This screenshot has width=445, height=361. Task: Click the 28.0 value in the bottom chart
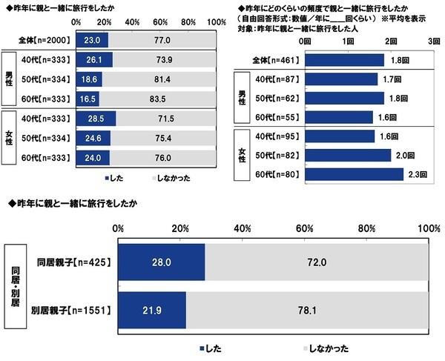coord(162,262)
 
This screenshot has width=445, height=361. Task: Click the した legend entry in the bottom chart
coord(212,347)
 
